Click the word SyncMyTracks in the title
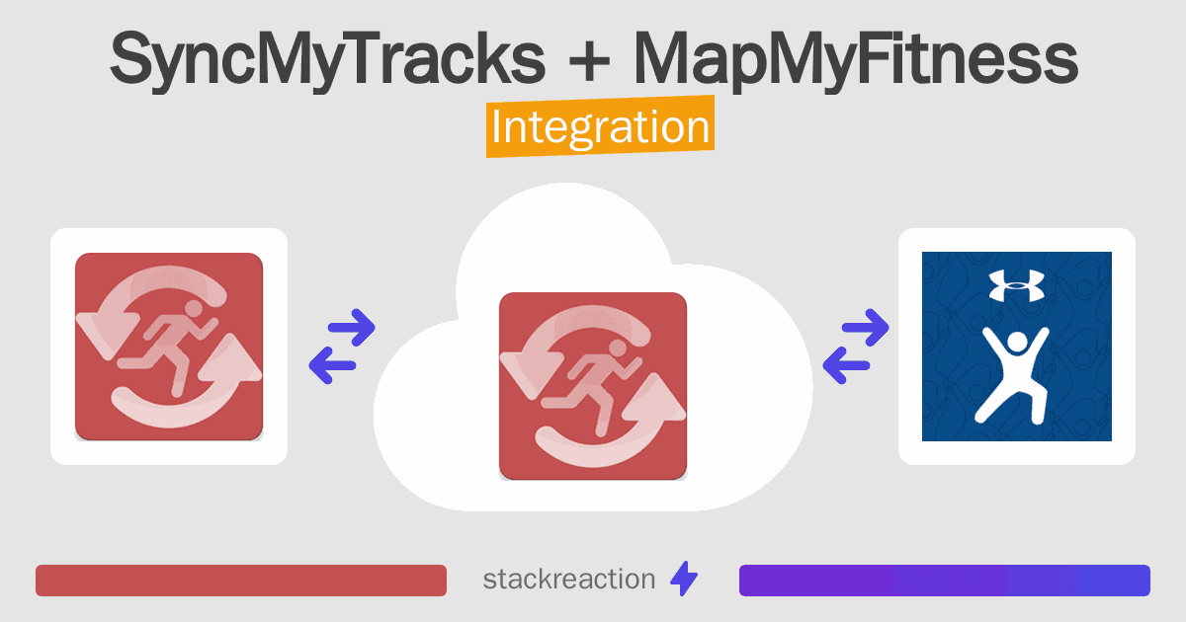(328, 59)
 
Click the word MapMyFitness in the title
(856, 59)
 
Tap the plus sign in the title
(589, 61)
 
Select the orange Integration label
(601, 126)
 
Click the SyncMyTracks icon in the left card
(169, 347)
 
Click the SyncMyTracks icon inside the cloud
(593, 386)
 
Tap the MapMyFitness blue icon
(1017, 347)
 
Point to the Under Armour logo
(1017, 285)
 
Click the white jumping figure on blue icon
(1012, 375)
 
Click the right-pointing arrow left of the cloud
(352, 328)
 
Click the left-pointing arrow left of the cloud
(332, 365)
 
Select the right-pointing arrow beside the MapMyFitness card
(865, 328)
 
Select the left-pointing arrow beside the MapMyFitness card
(846, 365)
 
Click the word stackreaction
(569, 580)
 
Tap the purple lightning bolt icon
(684, 579)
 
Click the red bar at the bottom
(241, 581)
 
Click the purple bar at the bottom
(945, 581)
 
